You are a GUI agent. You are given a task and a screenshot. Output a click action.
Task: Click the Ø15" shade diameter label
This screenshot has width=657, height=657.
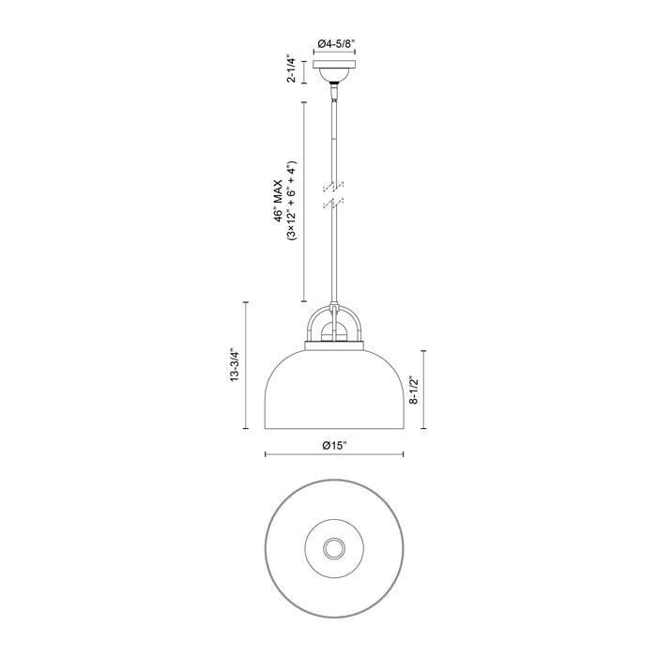[334, 444]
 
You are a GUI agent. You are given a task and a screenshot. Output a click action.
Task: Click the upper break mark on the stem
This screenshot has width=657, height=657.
[334, 184]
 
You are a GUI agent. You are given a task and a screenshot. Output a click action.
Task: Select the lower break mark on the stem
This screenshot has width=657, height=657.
[334, 202]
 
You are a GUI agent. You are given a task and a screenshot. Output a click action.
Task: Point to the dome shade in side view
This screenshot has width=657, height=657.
[334, 390]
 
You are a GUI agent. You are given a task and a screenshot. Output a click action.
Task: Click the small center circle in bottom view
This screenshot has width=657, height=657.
[334, 548]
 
